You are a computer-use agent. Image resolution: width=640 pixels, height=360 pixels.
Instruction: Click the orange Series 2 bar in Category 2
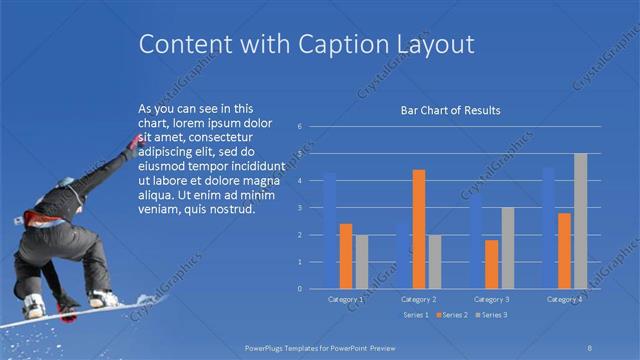(x=419, y=229)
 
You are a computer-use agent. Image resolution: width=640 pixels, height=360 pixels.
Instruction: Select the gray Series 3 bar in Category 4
(x=580, y=221)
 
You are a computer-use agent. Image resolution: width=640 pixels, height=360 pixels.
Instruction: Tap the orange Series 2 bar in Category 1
(x=346, y=256)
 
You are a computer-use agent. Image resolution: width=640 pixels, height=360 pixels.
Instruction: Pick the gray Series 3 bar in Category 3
(x=507, y=248)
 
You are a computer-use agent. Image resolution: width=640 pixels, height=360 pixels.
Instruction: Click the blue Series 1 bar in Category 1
(x=330, y=231)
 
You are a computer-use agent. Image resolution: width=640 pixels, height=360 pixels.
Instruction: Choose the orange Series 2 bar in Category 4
(x=564, y=251)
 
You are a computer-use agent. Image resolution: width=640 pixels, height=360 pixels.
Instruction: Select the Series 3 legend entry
(x=492, y=315)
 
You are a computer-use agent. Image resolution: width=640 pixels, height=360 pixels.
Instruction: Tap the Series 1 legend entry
(x=416, y=315)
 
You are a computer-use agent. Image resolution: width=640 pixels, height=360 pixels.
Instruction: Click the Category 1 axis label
(x=346, y=299)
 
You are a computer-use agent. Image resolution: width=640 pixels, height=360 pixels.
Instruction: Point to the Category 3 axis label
(x=491, y=299)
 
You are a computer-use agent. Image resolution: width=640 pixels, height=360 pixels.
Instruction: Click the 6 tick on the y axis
(x=299, y=127)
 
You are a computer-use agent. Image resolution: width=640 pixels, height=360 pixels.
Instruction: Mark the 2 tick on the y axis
(x=299, y=235)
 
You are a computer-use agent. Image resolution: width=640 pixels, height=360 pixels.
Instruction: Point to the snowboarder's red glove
(x=133, y=144)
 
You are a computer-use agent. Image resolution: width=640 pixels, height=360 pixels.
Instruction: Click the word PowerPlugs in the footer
(x=269, y=348)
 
